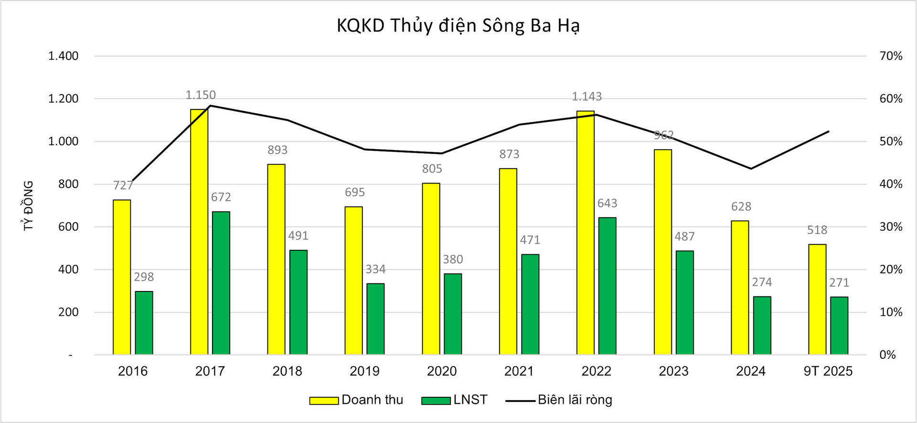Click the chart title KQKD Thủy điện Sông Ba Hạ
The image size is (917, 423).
click(x=458, y=26)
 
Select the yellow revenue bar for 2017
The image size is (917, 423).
click(x=199, y=232)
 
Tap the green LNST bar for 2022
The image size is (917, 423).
click(x=608, y=286)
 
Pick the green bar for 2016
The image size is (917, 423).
click(x=144, y=323)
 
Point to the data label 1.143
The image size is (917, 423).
click(x=586, y=97)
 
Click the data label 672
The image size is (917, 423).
click(x=221, y=197)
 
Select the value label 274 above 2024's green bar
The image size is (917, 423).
click(x=762, y=282)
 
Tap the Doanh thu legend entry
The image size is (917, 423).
click(x=356, y=400)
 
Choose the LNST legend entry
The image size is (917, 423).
click(x=455, y=400)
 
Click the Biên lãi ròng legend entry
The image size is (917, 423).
click(x=559, y=400)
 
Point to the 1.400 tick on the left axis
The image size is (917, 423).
click(x=63, y=56)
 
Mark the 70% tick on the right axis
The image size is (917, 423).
click(x=891, y=56)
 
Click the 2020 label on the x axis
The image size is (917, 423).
click(x=442, y=371)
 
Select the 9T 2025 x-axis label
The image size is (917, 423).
click(x=828, y=371)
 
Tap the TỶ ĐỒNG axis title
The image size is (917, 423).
click(x=29, y=206)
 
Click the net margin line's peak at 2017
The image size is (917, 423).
click(x=211, y=106)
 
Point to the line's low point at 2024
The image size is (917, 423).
click(x=751, y=169)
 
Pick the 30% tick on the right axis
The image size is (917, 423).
click(x=891, y=227)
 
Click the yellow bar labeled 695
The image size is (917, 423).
click(x=354, y=281)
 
